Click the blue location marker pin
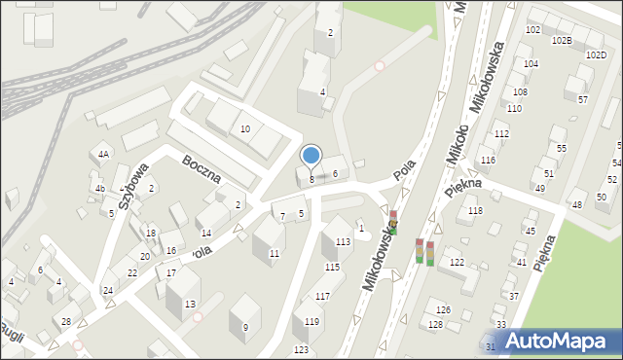click(x=311, y=155)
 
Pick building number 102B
click(x=562, y=41)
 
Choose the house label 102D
click(x=596, y=55)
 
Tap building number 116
click(x=488, y=160)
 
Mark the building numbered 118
click(x=475, y=211)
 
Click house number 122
click(x=457, y=263)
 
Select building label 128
click(x=435, y=325)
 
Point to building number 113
click(x=343, y=242)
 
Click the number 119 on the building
click(x=311, y=322)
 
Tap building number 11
click(x=275, y=254)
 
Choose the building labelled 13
click(x=189, y=305)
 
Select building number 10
click(x=245, y=129)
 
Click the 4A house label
click(x=102, y=155)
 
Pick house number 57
click(x=582, y=99)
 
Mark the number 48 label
click(x=576, y=205)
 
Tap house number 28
click(x=66, y=322)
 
